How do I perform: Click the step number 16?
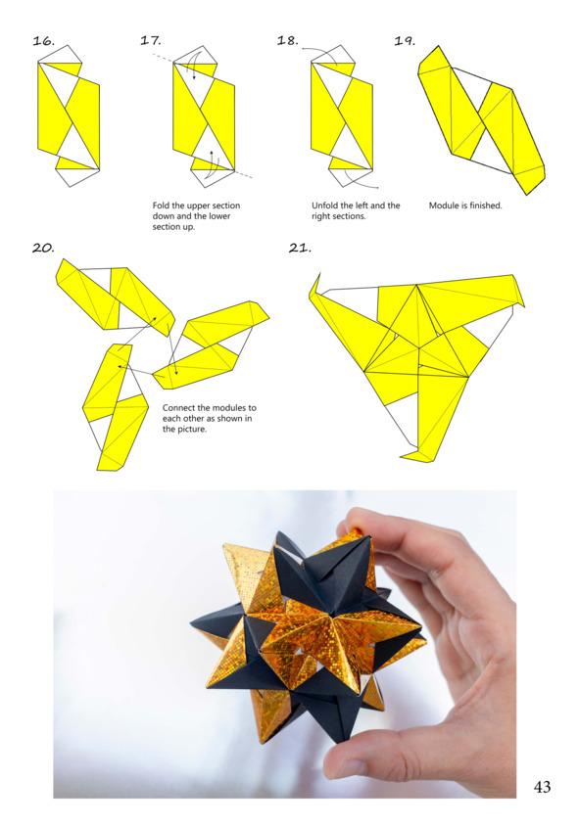click(x=43, y=40)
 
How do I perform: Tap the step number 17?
click(x=151, y=40)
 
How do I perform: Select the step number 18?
click(x=288, y=40)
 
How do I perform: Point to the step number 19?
click(x=405, y=40)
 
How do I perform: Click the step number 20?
click(x=43, y=248)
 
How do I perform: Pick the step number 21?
click(x=300, y=248)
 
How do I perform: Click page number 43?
click(x=542, y=787)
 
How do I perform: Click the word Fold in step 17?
click(x=161, y=206)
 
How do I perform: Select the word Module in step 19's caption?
click(x=443, y=206)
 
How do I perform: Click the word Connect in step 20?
click(x=177, y=408)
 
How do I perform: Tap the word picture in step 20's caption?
click(x=191, y=430)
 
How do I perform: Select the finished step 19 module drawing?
click(x=481, y=120)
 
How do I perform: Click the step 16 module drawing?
click(x=69, y=115)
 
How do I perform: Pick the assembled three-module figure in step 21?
click(x=416, y=363)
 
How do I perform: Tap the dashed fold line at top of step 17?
click(x=163, y=59)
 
